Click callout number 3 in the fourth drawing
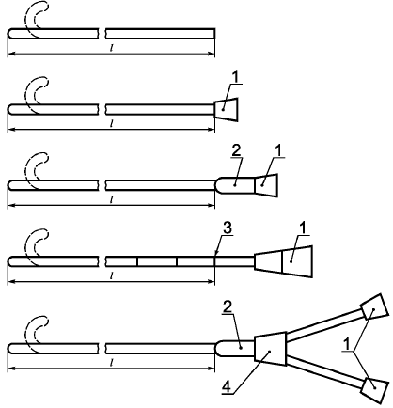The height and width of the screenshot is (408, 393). [x=227, y=228]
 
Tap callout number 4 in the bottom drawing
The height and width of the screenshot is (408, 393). [x=227, y=386]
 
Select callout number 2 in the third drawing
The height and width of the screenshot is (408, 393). [x=236, y=151]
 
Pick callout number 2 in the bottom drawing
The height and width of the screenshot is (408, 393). [x=228, y=307]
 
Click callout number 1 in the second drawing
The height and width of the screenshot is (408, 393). [x=236, y=78]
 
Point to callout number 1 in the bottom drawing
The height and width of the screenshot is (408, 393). [x=347, y=345]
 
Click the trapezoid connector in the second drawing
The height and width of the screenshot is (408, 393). [x=226, y=110]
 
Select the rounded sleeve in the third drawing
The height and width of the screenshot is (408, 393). [x=235, y=185]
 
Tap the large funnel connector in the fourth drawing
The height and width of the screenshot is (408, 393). [x=284, y=261]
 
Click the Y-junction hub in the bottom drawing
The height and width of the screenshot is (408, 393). [x=271, y=349]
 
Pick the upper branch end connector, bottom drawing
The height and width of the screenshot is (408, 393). [x=374, y=306]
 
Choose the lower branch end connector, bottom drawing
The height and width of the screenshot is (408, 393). [x=374, y=387]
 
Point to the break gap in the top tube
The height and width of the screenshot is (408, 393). [x=102, y=34]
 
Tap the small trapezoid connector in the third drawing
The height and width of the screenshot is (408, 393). [x=266, y=185]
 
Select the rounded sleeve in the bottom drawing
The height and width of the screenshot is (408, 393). [x=235, y=349]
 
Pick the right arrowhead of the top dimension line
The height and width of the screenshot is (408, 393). [x=212, y=55]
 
